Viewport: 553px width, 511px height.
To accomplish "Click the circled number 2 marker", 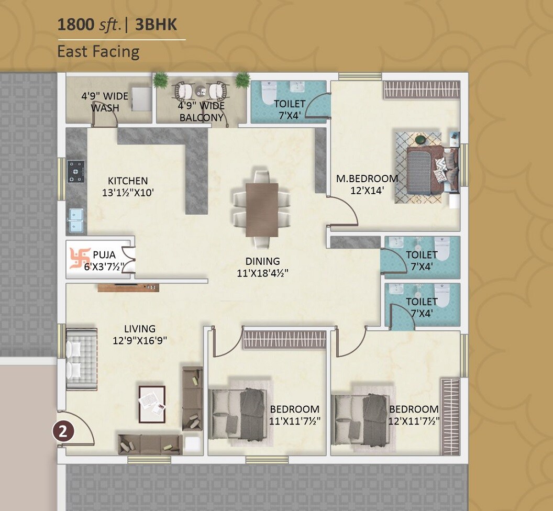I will [63, 431].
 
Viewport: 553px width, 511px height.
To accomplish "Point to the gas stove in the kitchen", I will [76, 171].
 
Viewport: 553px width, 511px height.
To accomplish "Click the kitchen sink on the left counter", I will [76, 220].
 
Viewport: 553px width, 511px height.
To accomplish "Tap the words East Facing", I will [98, 52].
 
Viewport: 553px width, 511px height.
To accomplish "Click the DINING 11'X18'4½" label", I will [262, 266].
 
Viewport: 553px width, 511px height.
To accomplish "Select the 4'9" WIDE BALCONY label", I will [202, 112].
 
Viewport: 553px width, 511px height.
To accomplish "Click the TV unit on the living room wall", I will [128, 288].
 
